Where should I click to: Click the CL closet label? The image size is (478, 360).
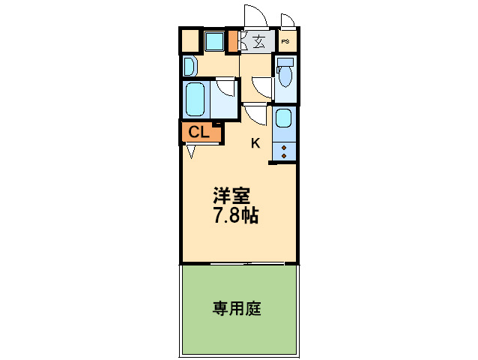tap(199, 133)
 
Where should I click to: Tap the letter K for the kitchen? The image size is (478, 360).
tap(255, 143)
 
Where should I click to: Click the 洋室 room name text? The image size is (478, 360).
tap(231, 196)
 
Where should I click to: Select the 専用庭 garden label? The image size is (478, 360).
tap(237, 308)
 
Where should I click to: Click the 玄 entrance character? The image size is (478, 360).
tap(258, 42)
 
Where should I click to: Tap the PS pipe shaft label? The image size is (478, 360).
tap(286, 42)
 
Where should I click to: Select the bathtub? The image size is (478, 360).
tap(196, 98)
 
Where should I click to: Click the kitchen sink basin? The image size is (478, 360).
tap(283, 118)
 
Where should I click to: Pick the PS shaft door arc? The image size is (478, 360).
tap(287, 19)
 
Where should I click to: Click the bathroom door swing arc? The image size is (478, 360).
tap(224, 90)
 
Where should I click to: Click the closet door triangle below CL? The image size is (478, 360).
tap(192, 151)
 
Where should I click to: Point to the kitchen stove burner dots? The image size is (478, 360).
tap(285, 150)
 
